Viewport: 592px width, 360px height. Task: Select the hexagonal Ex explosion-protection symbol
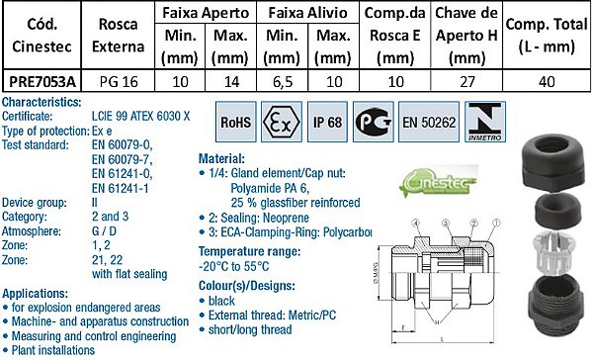282,127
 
